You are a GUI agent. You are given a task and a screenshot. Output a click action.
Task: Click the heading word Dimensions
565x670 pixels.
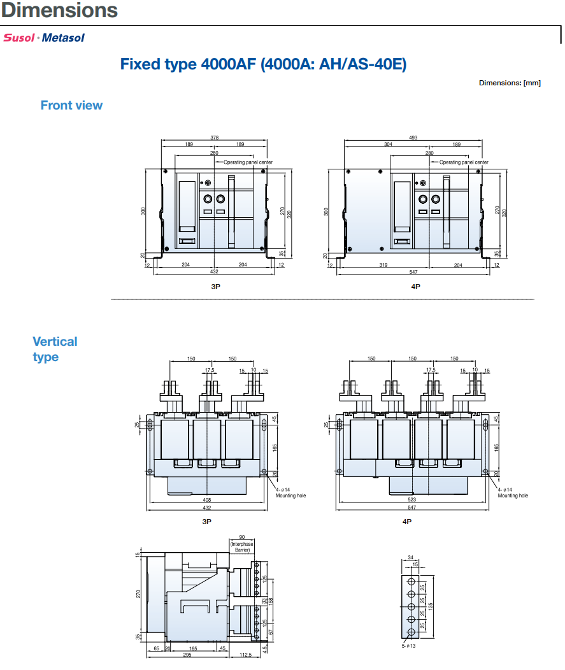(x=60, y=10)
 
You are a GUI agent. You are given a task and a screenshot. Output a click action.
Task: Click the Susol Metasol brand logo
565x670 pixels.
(x=44, y=38)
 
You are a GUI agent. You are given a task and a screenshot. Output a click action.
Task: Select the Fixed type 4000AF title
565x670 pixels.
(x=263, y=64)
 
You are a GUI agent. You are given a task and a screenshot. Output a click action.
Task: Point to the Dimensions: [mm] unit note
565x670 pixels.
(x=510, y=83)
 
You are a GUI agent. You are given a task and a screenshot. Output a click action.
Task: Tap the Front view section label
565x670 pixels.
(x=71, y=106)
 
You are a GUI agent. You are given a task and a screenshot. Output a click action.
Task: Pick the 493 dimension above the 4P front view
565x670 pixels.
(x=413, y=138)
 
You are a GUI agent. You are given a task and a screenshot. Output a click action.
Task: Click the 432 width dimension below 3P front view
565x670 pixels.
(x=215, y=271)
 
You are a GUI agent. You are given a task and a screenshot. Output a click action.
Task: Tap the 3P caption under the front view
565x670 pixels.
(x=215, y=287)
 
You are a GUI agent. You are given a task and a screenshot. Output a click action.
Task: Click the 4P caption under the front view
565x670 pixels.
(x=415, y=287)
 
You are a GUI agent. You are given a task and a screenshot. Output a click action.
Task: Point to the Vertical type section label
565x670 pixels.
(x=55, y=349)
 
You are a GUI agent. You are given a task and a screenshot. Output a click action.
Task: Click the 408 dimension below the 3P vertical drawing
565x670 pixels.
(x=207, y=501)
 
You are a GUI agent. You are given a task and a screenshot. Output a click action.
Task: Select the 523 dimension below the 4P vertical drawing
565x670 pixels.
(x=412, y=501)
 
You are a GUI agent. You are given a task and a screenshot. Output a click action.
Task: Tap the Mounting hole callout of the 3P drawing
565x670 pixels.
(x=290, y=495)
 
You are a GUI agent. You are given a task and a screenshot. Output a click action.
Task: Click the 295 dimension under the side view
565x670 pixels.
(x=188, y=654)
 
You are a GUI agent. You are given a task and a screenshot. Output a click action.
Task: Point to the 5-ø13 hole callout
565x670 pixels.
(x=408, y=646)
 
